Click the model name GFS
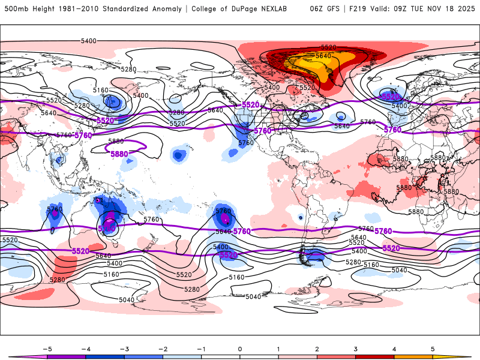[x=335, y=9]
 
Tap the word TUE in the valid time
[x=430, y=9]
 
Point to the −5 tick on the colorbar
[x=47, y=349]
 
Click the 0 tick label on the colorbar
[x=240, y=349]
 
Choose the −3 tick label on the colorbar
[x=124, y=349]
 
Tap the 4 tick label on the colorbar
[x=395, y=349]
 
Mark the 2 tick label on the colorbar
[x=317, y=349]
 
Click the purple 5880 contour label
[x=119, y=154]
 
